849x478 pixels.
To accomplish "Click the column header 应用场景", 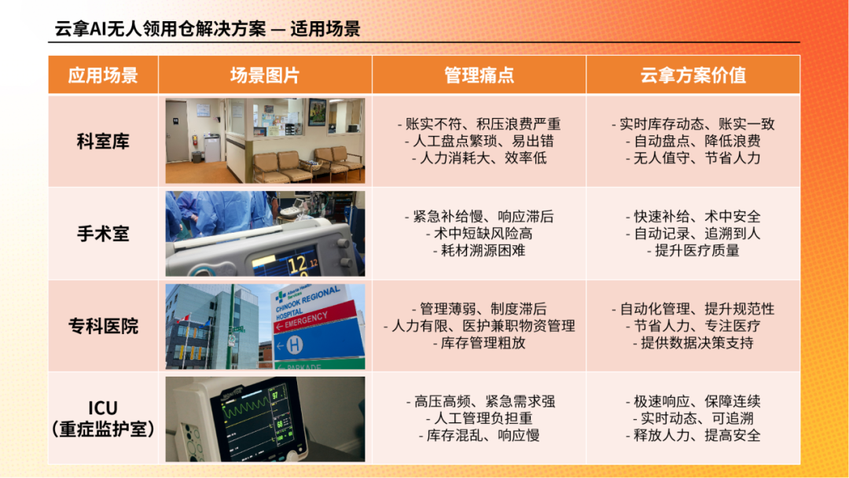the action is [103, 75].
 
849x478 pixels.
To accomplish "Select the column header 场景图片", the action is [265, 75].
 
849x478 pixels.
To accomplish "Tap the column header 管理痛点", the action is [480, 75].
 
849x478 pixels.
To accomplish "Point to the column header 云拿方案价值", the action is [693, 75].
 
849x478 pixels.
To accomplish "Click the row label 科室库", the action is [103, 142].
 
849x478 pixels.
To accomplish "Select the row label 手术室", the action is [103, 233].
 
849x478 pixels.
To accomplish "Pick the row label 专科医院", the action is [103, 326].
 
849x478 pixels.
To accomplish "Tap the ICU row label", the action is [103, 418].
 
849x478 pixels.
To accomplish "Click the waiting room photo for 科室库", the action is [266, 141].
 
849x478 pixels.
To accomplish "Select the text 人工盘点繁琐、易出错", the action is [480, 142].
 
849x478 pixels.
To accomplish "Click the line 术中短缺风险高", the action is [480, 233].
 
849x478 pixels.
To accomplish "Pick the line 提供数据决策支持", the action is [693, 343].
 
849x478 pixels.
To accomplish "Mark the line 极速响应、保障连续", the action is [693, 402].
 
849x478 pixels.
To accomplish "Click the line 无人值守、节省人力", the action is [693, 158].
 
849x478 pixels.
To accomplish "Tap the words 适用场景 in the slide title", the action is [325, 28].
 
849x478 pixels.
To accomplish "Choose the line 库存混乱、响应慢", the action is [480, 436].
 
